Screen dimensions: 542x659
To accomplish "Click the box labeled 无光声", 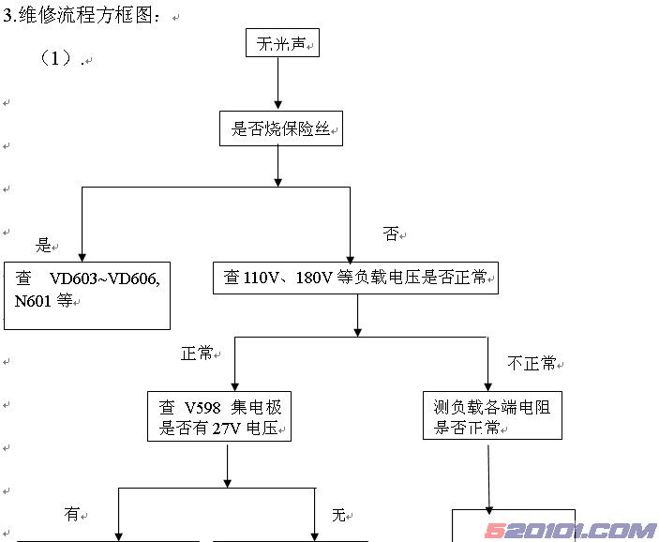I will coord(281,43).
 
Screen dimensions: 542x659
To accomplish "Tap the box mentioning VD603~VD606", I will coord(87,294).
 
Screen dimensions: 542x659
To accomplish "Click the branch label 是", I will coord(44,246).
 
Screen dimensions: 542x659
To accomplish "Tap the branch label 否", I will coord(391,234).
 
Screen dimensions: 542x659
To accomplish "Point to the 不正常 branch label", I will coord(531,363).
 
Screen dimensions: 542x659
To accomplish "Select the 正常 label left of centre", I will coord(198,354).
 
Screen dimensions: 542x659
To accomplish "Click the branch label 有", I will coord(71,514).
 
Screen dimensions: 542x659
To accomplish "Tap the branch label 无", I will coord(338,514).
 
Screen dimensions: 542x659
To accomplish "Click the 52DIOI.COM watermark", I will coord(570,531).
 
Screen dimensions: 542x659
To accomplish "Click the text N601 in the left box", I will coord(35,301).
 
